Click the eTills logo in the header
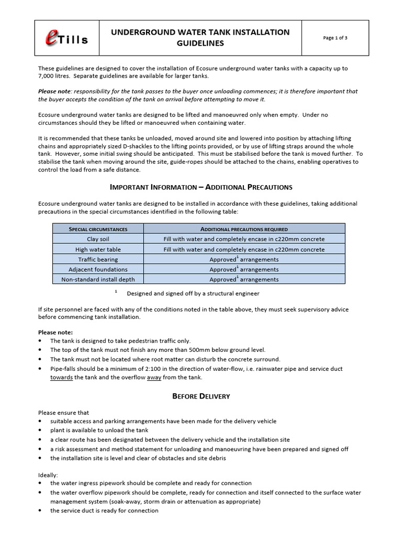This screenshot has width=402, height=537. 66,38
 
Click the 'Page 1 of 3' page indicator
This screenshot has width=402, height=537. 335,38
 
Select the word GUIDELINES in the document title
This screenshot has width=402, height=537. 200,44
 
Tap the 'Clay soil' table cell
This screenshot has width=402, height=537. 98,239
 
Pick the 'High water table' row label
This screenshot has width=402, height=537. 98,249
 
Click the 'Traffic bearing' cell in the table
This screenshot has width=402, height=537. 98,259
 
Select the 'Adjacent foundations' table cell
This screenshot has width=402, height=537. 98,270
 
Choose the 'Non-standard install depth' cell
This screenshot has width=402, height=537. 98,280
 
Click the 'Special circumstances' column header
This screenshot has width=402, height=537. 98,229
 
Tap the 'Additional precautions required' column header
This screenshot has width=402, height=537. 244,229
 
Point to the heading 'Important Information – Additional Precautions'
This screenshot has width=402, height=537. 202,187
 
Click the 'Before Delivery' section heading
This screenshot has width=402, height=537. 202,396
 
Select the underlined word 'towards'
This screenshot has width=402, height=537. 61,378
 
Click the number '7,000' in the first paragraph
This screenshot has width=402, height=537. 48,77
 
